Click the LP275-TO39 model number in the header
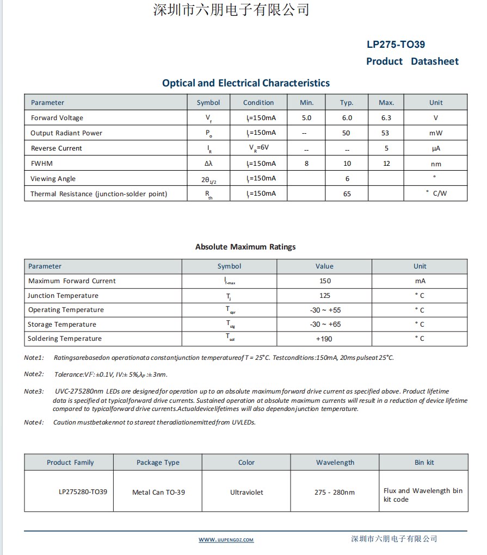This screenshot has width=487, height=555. tap(396, 45)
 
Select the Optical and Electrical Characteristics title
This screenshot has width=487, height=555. tap(246, 83)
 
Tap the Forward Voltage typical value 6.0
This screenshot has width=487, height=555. tap(347, 118)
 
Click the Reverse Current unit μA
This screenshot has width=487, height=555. tap(436, 148)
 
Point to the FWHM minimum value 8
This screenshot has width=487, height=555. tap(306, 164)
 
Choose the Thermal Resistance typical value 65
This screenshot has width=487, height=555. tap(347, 194)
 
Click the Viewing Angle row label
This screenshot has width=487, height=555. tap(53, 179)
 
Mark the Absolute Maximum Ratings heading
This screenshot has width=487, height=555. tap(245, 247)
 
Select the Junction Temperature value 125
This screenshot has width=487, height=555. tap(324, 296)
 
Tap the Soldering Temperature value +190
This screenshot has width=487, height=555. tap(324, 339)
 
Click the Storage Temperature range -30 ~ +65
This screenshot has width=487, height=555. tap(325, 325)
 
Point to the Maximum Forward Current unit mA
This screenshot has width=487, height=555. tap(420, 281)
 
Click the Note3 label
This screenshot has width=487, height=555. tap(34, 391)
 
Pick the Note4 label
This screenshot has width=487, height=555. tap(34, 422)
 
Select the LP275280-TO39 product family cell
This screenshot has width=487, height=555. tap(83, 492)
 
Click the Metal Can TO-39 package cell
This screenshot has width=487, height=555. tap(158, 492)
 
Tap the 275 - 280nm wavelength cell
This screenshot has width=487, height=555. tap(334, 492)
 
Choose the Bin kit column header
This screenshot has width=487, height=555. tap(424, 463)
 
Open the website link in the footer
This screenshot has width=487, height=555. tap(226, 540)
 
